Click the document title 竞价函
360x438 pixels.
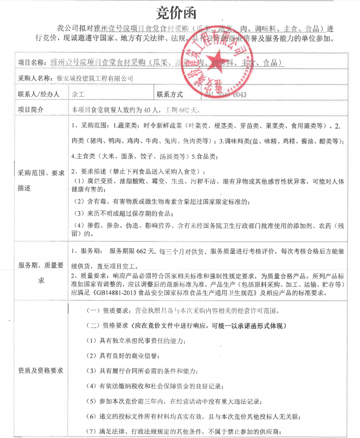point(179,11)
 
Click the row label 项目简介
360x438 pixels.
point(32,109)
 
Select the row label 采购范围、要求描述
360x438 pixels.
point(40,181)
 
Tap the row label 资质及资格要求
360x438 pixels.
point(40,371)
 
